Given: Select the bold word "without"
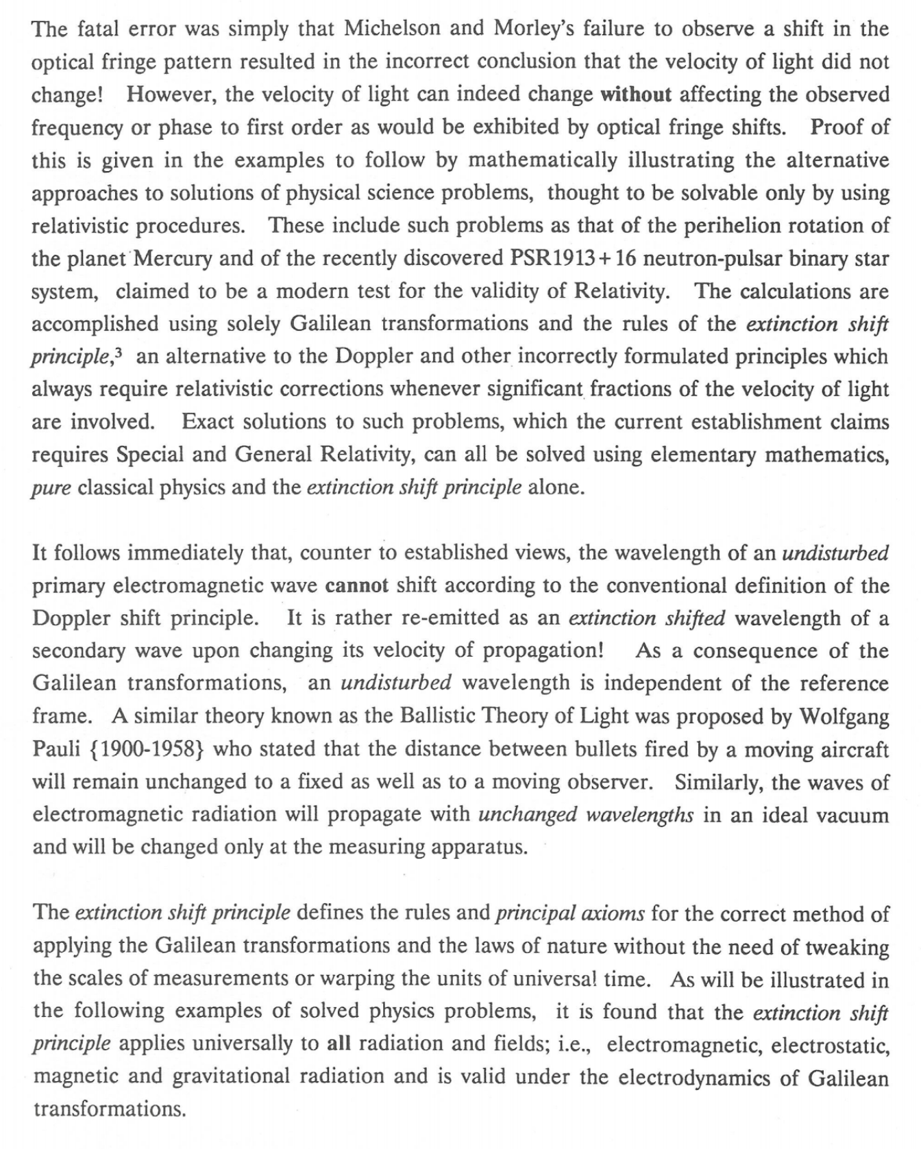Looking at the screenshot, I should click(x=635, y=94).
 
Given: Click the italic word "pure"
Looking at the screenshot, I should click(x=51, y=488).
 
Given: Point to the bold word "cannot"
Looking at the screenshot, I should click(x=356, y=585).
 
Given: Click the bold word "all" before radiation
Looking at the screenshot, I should click(x=339, y=1044).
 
